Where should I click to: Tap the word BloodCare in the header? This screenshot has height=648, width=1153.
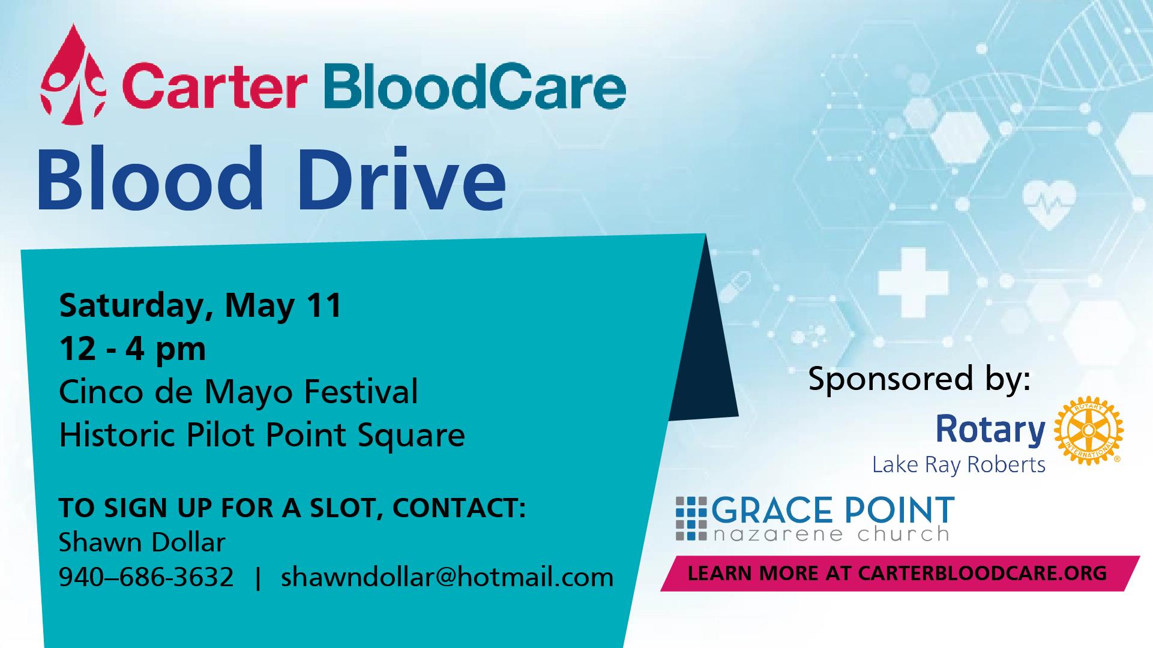(x=474, y=88)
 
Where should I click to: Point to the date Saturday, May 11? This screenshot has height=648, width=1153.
(x=200, y=306)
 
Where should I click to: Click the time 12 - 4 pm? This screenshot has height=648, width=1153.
(x=132, y=349)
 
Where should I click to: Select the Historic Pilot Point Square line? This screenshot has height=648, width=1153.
(x=262, y=435)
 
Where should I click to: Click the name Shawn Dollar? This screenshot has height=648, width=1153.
(x=142, y=543)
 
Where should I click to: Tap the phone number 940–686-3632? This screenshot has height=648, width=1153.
(x=146, y=577)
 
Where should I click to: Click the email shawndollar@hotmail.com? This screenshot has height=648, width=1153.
(x=447, y=577)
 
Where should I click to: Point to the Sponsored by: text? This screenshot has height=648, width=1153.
(x=919, y=380)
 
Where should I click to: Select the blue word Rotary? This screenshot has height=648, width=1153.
(x=990, y=430)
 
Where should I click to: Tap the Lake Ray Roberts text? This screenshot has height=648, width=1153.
(x=959, y=465)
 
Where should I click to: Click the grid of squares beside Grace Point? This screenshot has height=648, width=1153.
(x=692, y=518)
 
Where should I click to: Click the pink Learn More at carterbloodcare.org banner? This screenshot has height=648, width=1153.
(x=900, y=573)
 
